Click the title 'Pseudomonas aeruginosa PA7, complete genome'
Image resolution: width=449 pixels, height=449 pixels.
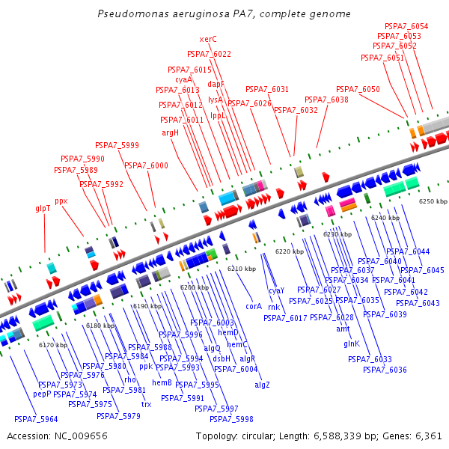[224, 14]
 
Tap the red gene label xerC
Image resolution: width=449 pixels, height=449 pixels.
[208, 39]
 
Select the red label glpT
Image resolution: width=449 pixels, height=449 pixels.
[43, 208]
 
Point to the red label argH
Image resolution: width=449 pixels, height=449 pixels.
[171, 132]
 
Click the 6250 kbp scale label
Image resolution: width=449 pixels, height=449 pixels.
[433, 201]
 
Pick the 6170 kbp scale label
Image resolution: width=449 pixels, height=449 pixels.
[52, 345]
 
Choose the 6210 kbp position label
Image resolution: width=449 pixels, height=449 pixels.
[242, 269]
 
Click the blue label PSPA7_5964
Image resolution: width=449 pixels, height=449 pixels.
[36, 419]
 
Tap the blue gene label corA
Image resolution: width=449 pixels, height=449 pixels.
[254, 306]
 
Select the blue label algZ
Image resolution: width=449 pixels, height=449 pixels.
[262, 385]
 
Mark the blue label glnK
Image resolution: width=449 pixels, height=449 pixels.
[352, 343]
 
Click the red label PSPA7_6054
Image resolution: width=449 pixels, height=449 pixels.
[406, 26]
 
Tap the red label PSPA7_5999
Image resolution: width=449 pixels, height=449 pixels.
[117, 145]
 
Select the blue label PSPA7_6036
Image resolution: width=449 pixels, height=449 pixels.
[385, 370]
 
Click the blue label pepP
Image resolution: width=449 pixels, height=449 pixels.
[42, 394]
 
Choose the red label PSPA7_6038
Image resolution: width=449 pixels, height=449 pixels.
[326, 100]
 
